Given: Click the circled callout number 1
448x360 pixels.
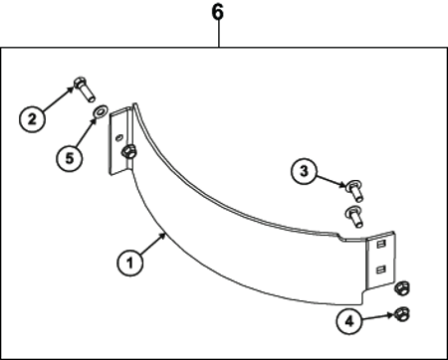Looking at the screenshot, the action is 130,263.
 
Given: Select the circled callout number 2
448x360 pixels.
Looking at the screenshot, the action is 32,119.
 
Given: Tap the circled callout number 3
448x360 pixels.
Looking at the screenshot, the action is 304,171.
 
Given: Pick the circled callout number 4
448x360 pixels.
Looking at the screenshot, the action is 349,321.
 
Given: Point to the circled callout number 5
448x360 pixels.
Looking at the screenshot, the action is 69,158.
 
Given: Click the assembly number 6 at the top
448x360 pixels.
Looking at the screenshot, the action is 218,12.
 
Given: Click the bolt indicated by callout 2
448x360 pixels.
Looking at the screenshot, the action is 84,89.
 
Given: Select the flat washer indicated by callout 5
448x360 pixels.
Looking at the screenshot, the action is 99,111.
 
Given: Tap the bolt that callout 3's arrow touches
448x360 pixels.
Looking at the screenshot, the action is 355,191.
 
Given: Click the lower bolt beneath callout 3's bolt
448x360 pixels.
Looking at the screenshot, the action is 354,217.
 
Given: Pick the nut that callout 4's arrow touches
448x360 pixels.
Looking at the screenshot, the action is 402,313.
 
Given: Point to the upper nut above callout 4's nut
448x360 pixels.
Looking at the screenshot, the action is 402,287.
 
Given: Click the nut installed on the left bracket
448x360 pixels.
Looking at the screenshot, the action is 128,152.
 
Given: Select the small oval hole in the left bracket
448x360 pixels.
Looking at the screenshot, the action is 118,137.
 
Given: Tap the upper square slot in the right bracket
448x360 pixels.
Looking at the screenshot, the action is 380,245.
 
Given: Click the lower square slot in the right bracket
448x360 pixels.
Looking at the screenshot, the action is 380,270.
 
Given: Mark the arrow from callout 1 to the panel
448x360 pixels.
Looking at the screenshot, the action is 153,244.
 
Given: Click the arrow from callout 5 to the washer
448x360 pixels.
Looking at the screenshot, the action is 86,132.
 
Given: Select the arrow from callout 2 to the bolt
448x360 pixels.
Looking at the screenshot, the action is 58,98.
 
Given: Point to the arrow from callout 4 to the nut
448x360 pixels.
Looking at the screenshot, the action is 378,317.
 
